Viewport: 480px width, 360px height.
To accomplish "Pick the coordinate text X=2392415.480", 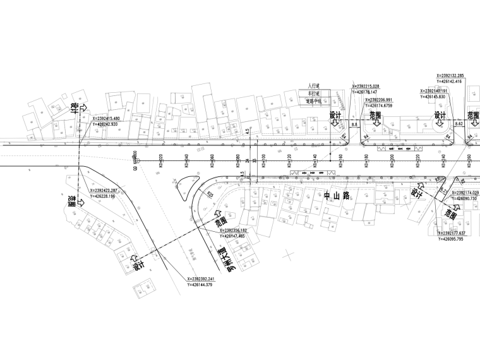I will (114, 118).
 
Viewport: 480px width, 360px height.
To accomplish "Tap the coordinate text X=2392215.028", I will (375, 86).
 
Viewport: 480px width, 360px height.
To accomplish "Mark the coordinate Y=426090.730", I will (459, 198).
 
